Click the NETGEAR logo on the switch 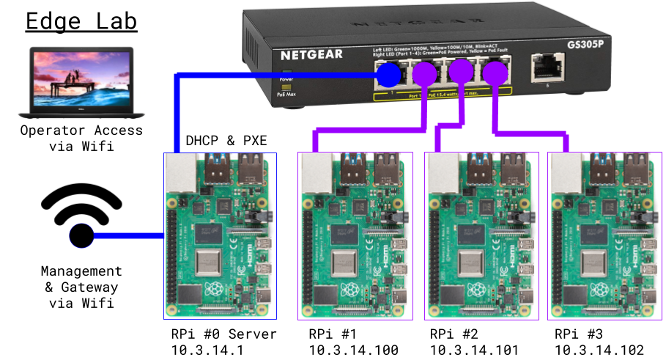tap(311, 54)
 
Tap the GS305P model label tap(585, 43)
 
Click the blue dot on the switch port tap(389, 73)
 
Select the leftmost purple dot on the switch tap(424, 73)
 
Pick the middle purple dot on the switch tap(460, 72)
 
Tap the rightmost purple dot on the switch tap(495, 73)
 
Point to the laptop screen tap(81, 76)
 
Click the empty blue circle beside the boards tap(81, 236)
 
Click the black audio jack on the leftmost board tap(259, 217)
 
